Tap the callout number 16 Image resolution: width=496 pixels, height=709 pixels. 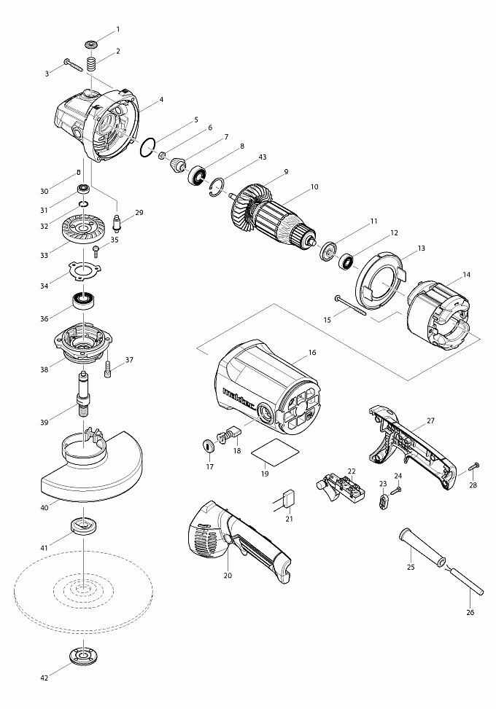(312, 353)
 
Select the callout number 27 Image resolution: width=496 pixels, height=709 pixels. (430, 421)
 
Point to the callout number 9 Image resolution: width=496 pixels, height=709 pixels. (286, 172)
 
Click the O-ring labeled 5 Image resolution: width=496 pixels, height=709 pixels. (151, 146)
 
